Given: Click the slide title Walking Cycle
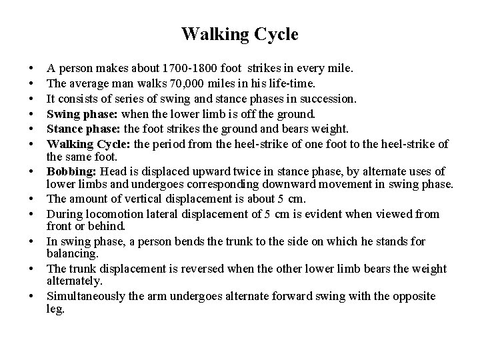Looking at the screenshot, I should pyautogui.click(x=239, y=34).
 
